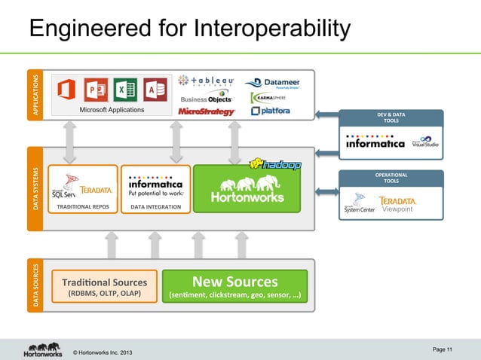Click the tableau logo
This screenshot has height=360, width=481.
tap(206, 81)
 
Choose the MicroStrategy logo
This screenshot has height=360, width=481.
tap(207, 111)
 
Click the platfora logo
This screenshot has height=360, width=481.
tap(270, 111)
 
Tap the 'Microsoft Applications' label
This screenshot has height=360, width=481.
tap(111, 110)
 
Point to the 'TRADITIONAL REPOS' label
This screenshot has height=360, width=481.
tap(79, 206)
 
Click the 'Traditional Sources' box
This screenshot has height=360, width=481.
tap(105, 285)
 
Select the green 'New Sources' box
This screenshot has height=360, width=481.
tap(235, 285)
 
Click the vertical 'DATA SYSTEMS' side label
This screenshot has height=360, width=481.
tap(34, 189)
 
